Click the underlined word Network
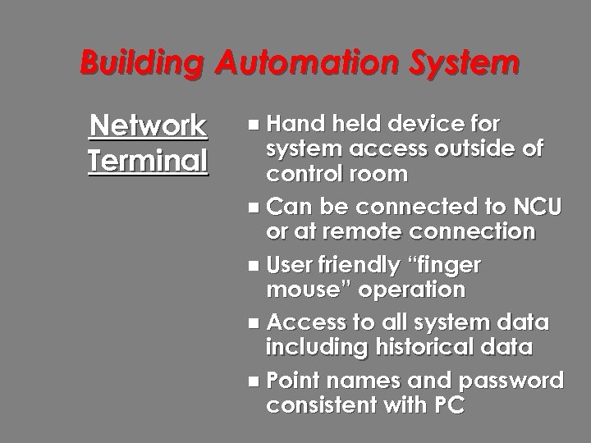click(149, 126)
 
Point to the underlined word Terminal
click(149, 159)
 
